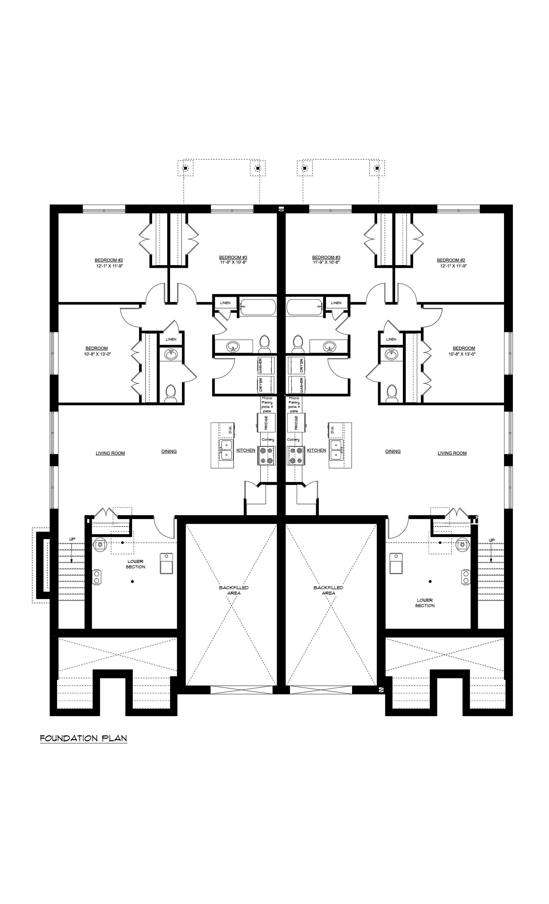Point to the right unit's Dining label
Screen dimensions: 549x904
pos(393,451)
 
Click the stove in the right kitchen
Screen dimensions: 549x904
pos(296,455)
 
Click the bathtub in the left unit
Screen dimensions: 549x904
pos(258,307)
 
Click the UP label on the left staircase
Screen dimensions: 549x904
pos(72,539)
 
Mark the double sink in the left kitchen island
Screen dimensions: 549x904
pos(226,450)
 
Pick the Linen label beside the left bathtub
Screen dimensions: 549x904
pos(225,303)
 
